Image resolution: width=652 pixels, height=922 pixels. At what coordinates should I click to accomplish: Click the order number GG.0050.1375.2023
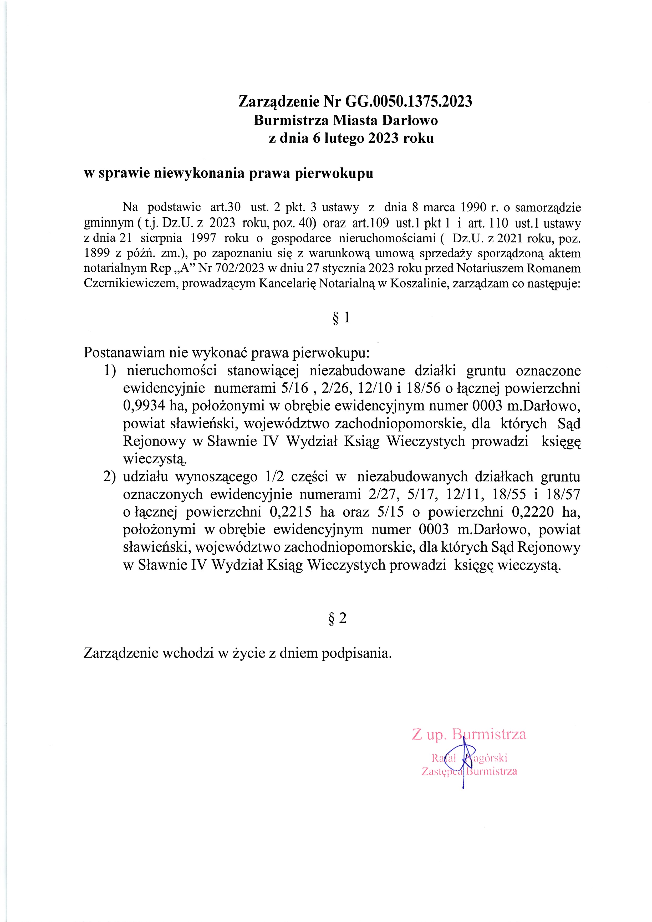click(x=409, y=102)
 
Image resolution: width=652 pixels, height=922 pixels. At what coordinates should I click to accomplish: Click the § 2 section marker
click(x=338, y=619)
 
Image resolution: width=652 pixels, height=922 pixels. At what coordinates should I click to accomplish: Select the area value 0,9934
click(x=144, y=406)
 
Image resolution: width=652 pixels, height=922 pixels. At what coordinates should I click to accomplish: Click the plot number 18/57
click(x=564, y=495)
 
